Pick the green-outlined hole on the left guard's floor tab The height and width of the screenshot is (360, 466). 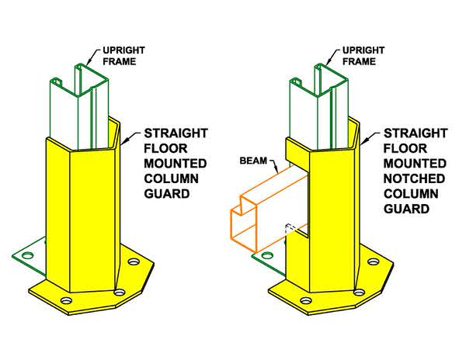point(28,253)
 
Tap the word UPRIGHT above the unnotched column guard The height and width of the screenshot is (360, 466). point(124,52)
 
